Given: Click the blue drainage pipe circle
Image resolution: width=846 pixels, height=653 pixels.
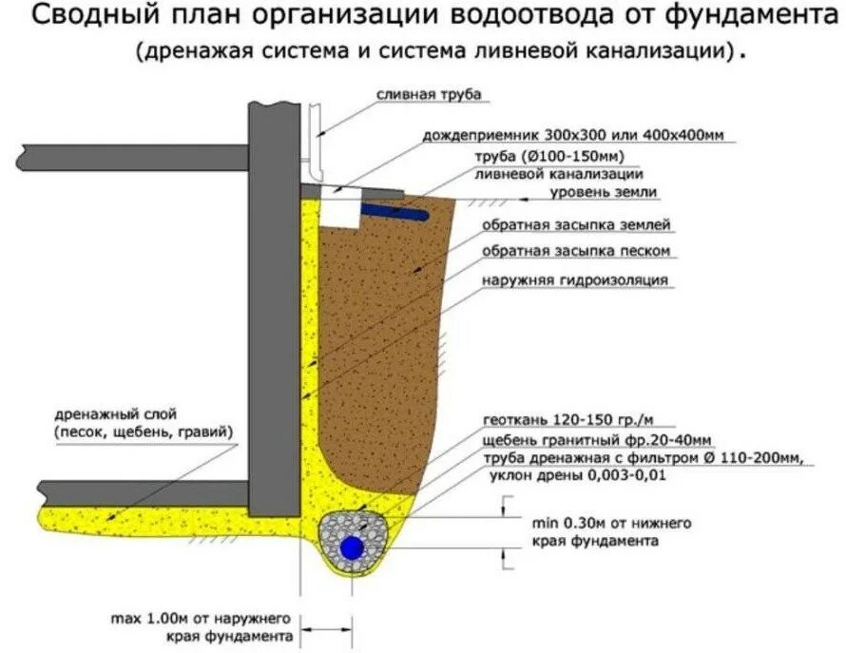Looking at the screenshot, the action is coord(353,547).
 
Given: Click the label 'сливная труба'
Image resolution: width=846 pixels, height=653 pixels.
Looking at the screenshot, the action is coord(429,95).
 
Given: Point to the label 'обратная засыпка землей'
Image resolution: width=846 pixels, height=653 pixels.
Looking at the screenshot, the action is coord(576,225).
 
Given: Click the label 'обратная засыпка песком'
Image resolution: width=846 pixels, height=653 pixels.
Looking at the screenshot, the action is coord(576,251).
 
